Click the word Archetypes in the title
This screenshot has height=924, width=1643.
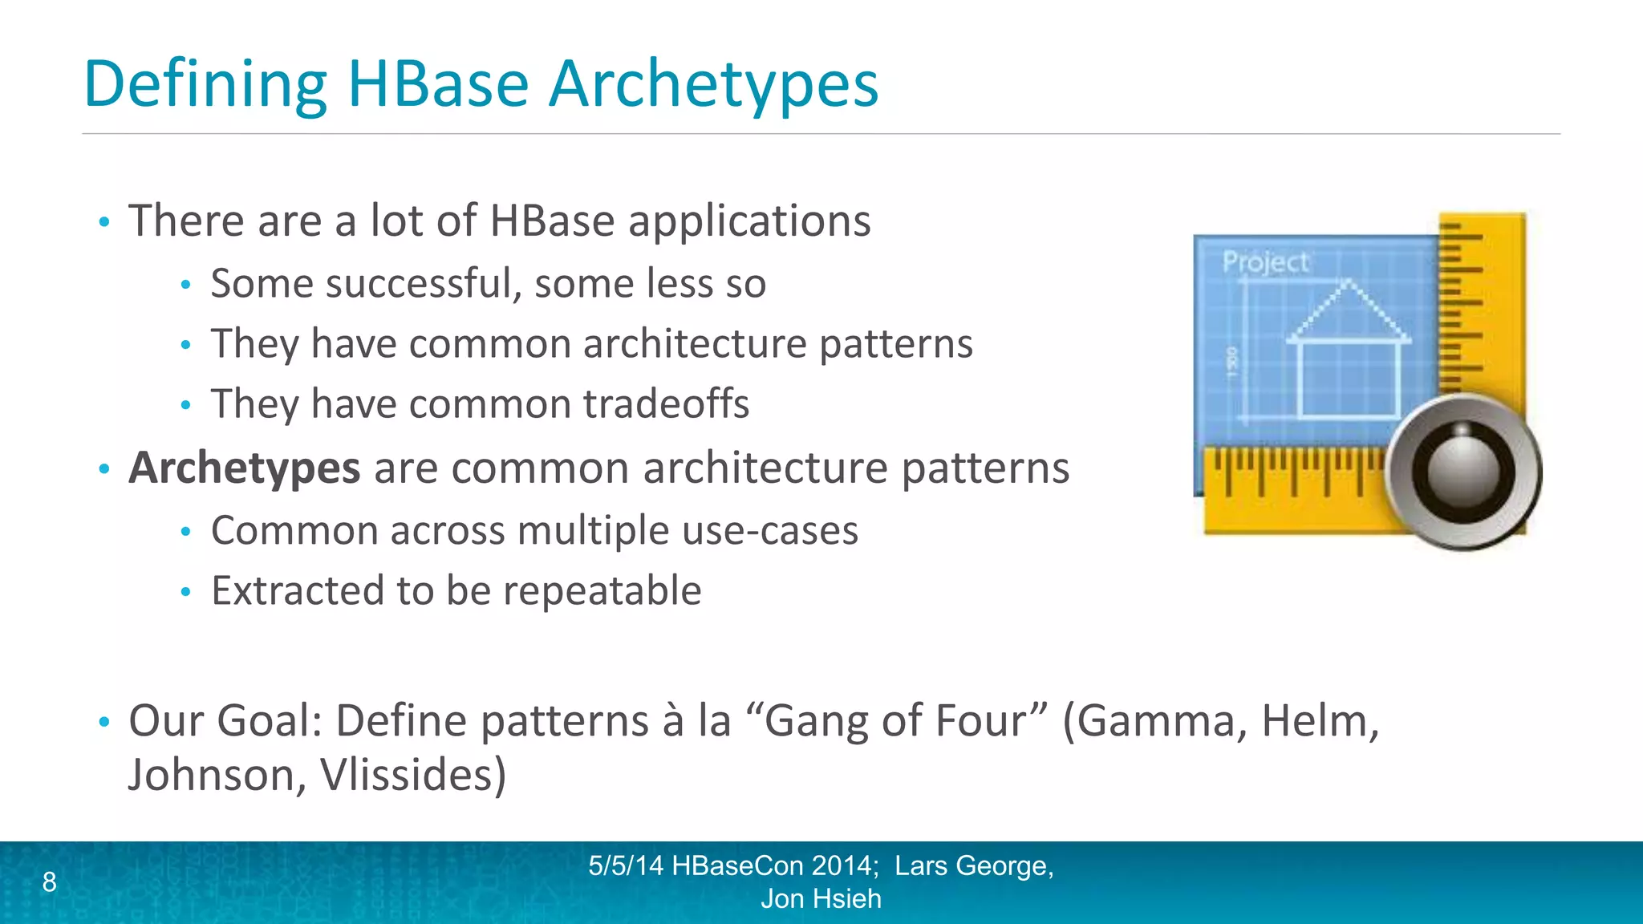[713, 85]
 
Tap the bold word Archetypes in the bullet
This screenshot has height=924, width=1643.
[244, 468]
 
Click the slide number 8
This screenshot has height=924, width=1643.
[50, 882]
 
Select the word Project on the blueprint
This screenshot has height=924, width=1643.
[1264, 262]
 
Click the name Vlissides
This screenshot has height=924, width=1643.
[412, 776]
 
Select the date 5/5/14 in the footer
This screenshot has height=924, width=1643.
[625, 866]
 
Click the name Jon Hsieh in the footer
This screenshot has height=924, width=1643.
[821, 899]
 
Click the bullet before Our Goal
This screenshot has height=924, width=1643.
[103, 722]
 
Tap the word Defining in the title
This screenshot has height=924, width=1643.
[205, 85]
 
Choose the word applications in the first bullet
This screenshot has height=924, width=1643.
[749, 221]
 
